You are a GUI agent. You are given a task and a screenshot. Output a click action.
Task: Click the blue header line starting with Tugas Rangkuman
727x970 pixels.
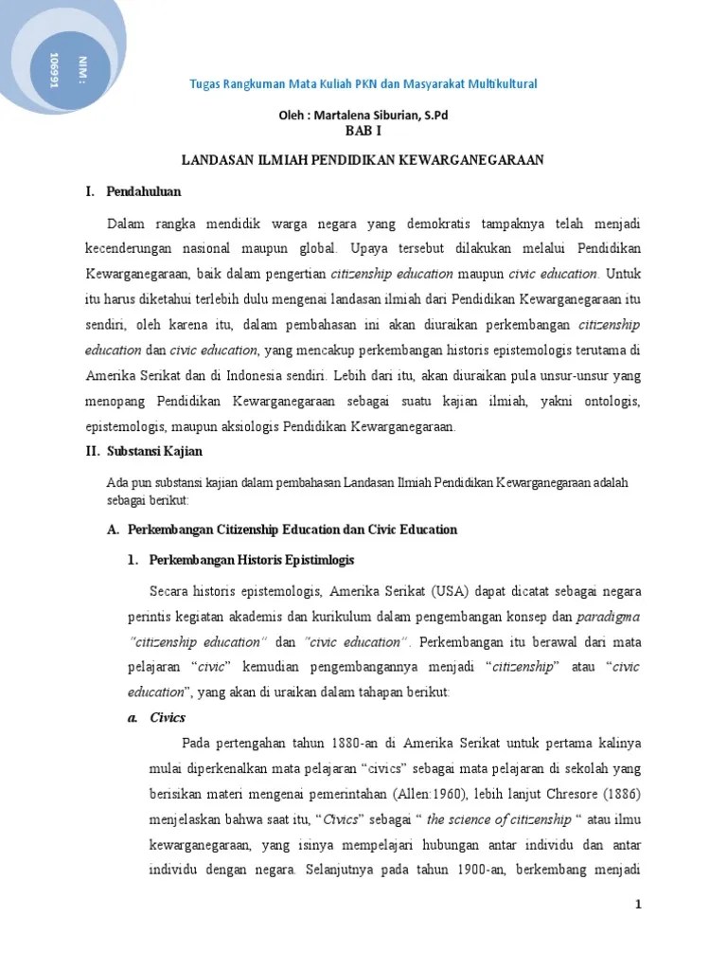tap(364, 84)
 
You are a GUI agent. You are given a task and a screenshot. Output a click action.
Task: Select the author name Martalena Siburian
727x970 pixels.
tap(381, 116)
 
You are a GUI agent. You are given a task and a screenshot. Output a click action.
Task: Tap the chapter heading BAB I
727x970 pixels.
tap(363, 133)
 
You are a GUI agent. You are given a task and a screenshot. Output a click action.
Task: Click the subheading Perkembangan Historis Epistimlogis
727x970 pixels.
tap(252, 561)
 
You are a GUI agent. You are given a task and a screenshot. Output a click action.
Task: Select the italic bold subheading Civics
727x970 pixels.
tap(168, 717)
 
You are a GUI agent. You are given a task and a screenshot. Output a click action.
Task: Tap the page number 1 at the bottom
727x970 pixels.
tap(638, 905)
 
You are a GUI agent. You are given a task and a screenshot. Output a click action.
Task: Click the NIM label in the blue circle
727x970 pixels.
tap(70, 67)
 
